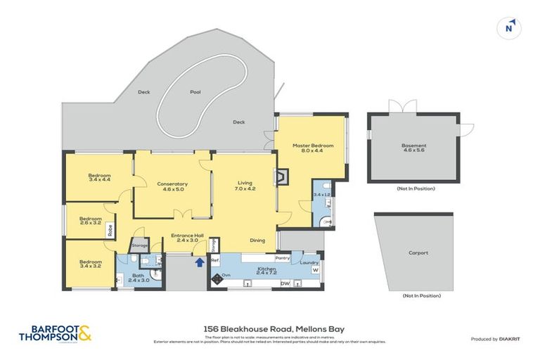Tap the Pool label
point(195,92)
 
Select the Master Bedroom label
point(312,146)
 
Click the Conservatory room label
point(172,184)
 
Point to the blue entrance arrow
point(199,262)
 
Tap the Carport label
point(418,253)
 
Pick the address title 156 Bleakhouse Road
point(269,328)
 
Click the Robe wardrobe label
point(110,229)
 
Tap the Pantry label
point(283,258)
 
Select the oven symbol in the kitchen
point(217,278)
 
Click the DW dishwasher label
point(285,283)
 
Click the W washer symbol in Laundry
point(315,270)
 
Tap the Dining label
point(257,240)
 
